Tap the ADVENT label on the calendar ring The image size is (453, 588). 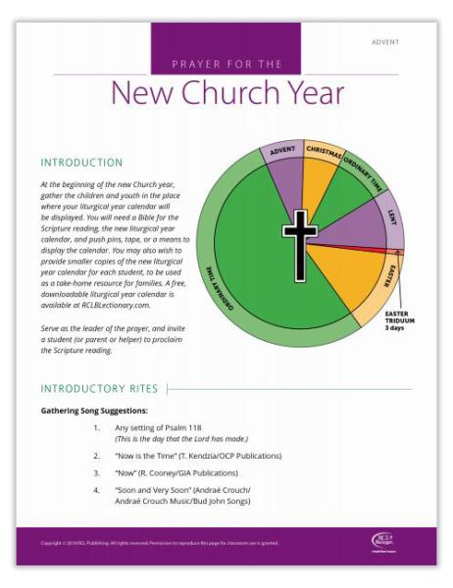tap(283, 152)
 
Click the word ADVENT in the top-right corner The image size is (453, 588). tap(386, 42)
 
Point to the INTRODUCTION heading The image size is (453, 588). tap(81, 163)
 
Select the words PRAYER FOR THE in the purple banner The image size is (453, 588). tap(226, 65)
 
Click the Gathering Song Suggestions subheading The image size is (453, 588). tap(94, 411)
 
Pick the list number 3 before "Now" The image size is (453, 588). tap(96, 471)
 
